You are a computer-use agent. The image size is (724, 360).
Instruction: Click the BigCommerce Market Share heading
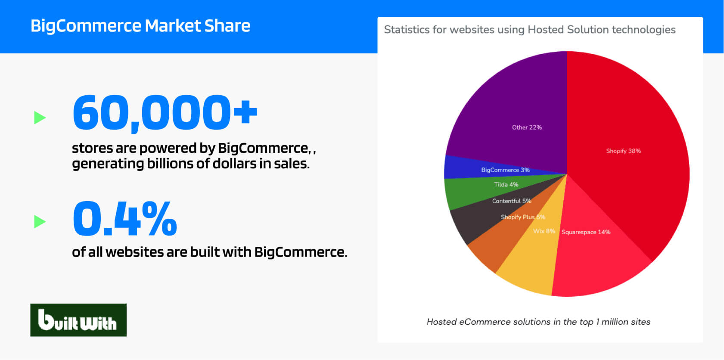[x=140, y=26]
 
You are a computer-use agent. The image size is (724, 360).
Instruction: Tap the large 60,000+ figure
[x=165, y=113]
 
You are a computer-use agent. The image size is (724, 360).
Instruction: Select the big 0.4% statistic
[x=125, y=218]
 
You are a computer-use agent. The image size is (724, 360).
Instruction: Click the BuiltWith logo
[x=78, y=320]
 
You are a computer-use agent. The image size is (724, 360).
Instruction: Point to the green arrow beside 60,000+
[x=40, y=118]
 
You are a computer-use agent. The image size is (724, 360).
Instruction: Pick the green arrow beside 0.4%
[x=40, y=222]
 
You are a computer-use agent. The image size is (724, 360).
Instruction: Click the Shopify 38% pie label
[x=624, y=151]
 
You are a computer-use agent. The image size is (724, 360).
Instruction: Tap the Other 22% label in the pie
[x=527, y=127]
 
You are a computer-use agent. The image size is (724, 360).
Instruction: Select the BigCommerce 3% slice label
[x=506, y=170]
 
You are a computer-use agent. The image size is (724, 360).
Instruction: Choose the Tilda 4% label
[x=506, y=185]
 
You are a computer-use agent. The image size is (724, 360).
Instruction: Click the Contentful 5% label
[x=512, y=201]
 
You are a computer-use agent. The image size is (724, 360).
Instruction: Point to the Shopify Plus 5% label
[x=523, y=217]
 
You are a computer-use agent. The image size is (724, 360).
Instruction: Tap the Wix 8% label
[x=544, y=231]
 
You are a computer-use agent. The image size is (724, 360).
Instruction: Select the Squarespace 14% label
[x=586, y=232]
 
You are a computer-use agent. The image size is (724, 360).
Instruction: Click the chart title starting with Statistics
[x=530, y=30]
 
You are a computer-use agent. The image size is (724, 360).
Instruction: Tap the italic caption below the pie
[x=538, y=322]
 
